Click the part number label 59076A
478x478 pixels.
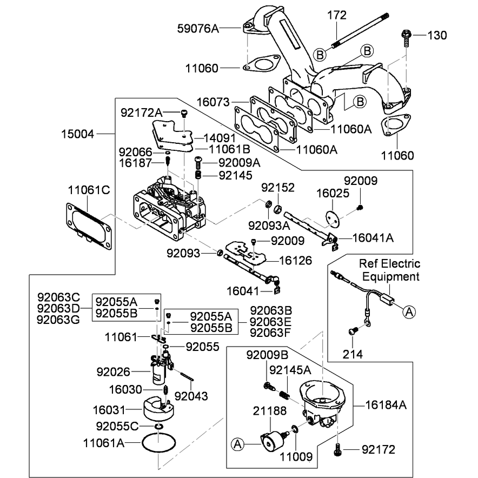coord(198,29)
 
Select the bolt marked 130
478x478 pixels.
coord(407,38)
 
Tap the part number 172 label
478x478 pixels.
coord(337,15)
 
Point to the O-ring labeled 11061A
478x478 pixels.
coord(159,443)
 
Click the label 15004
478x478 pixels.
coord(78,134)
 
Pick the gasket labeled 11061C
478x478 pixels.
coord(89,226)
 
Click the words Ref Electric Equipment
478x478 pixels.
coord(390,270)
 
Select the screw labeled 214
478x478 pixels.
coord(353,331)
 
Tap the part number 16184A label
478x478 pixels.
coord(386,405)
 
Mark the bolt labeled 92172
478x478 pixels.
coord(337,449)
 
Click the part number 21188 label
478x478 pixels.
coord(270,411)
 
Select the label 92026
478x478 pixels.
coord(114,372)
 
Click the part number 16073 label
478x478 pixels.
coord(213,102)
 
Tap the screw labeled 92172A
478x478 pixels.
coord(184,114)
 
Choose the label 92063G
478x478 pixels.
coord(58,320)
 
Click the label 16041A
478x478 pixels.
coord(373,238)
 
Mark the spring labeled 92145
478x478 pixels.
coord(198,175)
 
